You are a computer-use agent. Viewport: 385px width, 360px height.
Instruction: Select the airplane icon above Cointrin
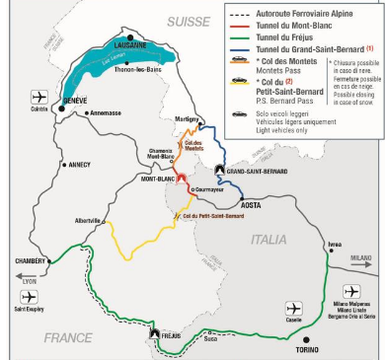(x=39, y=97)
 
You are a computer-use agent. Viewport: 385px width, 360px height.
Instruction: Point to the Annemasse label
(x=110, y=113)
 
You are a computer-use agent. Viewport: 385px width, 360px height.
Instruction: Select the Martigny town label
(x=186, y=118)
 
